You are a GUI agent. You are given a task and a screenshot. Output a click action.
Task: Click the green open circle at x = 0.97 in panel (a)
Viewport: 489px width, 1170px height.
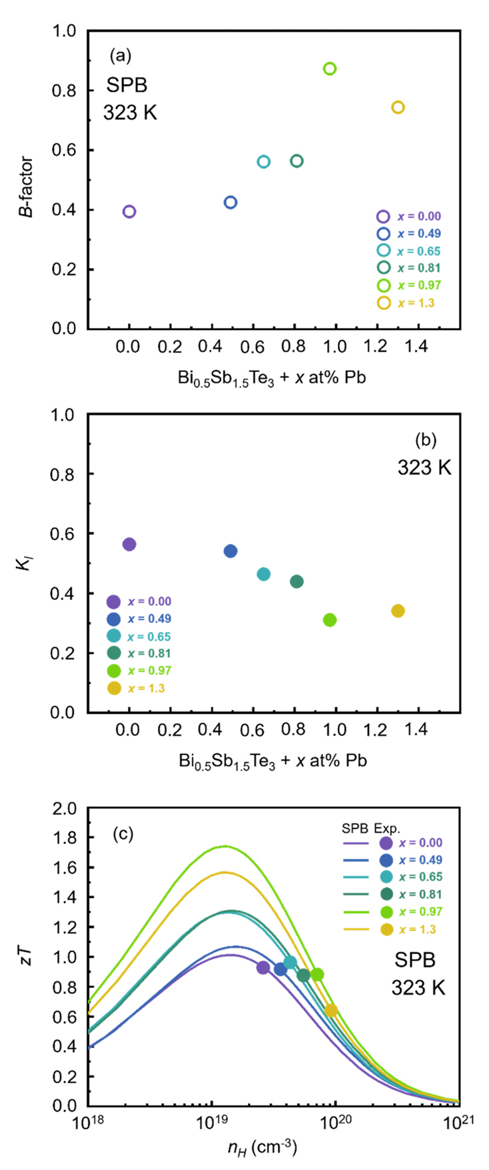329,69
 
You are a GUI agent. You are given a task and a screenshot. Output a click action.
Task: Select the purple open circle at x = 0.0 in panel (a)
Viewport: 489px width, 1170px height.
129,211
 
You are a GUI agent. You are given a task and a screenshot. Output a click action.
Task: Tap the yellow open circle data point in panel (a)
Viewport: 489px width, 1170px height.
398,107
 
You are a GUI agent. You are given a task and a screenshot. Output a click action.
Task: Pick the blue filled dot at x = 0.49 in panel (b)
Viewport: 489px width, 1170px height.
231,551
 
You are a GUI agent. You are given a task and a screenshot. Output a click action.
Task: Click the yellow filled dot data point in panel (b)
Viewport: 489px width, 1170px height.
398,611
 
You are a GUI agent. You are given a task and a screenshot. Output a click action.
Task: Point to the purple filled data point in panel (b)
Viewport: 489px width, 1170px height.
129,544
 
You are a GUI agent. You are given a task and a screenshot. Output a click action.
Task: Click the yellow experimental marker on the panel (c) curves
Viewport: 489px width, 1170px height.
331,1010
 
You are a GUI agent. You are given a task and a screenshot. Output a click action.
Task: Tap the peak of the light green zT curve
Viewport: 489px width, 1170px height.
225,846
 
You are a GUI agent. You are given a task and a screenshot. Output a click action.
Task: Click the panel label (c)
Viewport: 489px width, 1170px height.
123,834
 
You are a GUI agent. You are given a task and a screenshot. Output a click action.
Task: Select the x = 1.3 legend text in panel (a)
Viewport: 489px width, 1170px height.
416,303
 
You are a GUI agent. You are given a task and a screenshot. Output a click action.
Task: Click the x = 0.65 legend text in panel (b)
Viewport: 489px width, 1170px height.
149,636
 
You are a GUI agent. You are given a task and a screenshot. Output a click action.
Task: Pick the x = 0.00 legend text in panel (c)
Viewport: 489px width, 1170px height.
420,843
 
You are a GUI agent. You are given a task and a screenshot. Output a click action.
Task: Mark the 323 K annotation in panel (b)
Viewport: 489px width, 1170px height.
424,468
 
